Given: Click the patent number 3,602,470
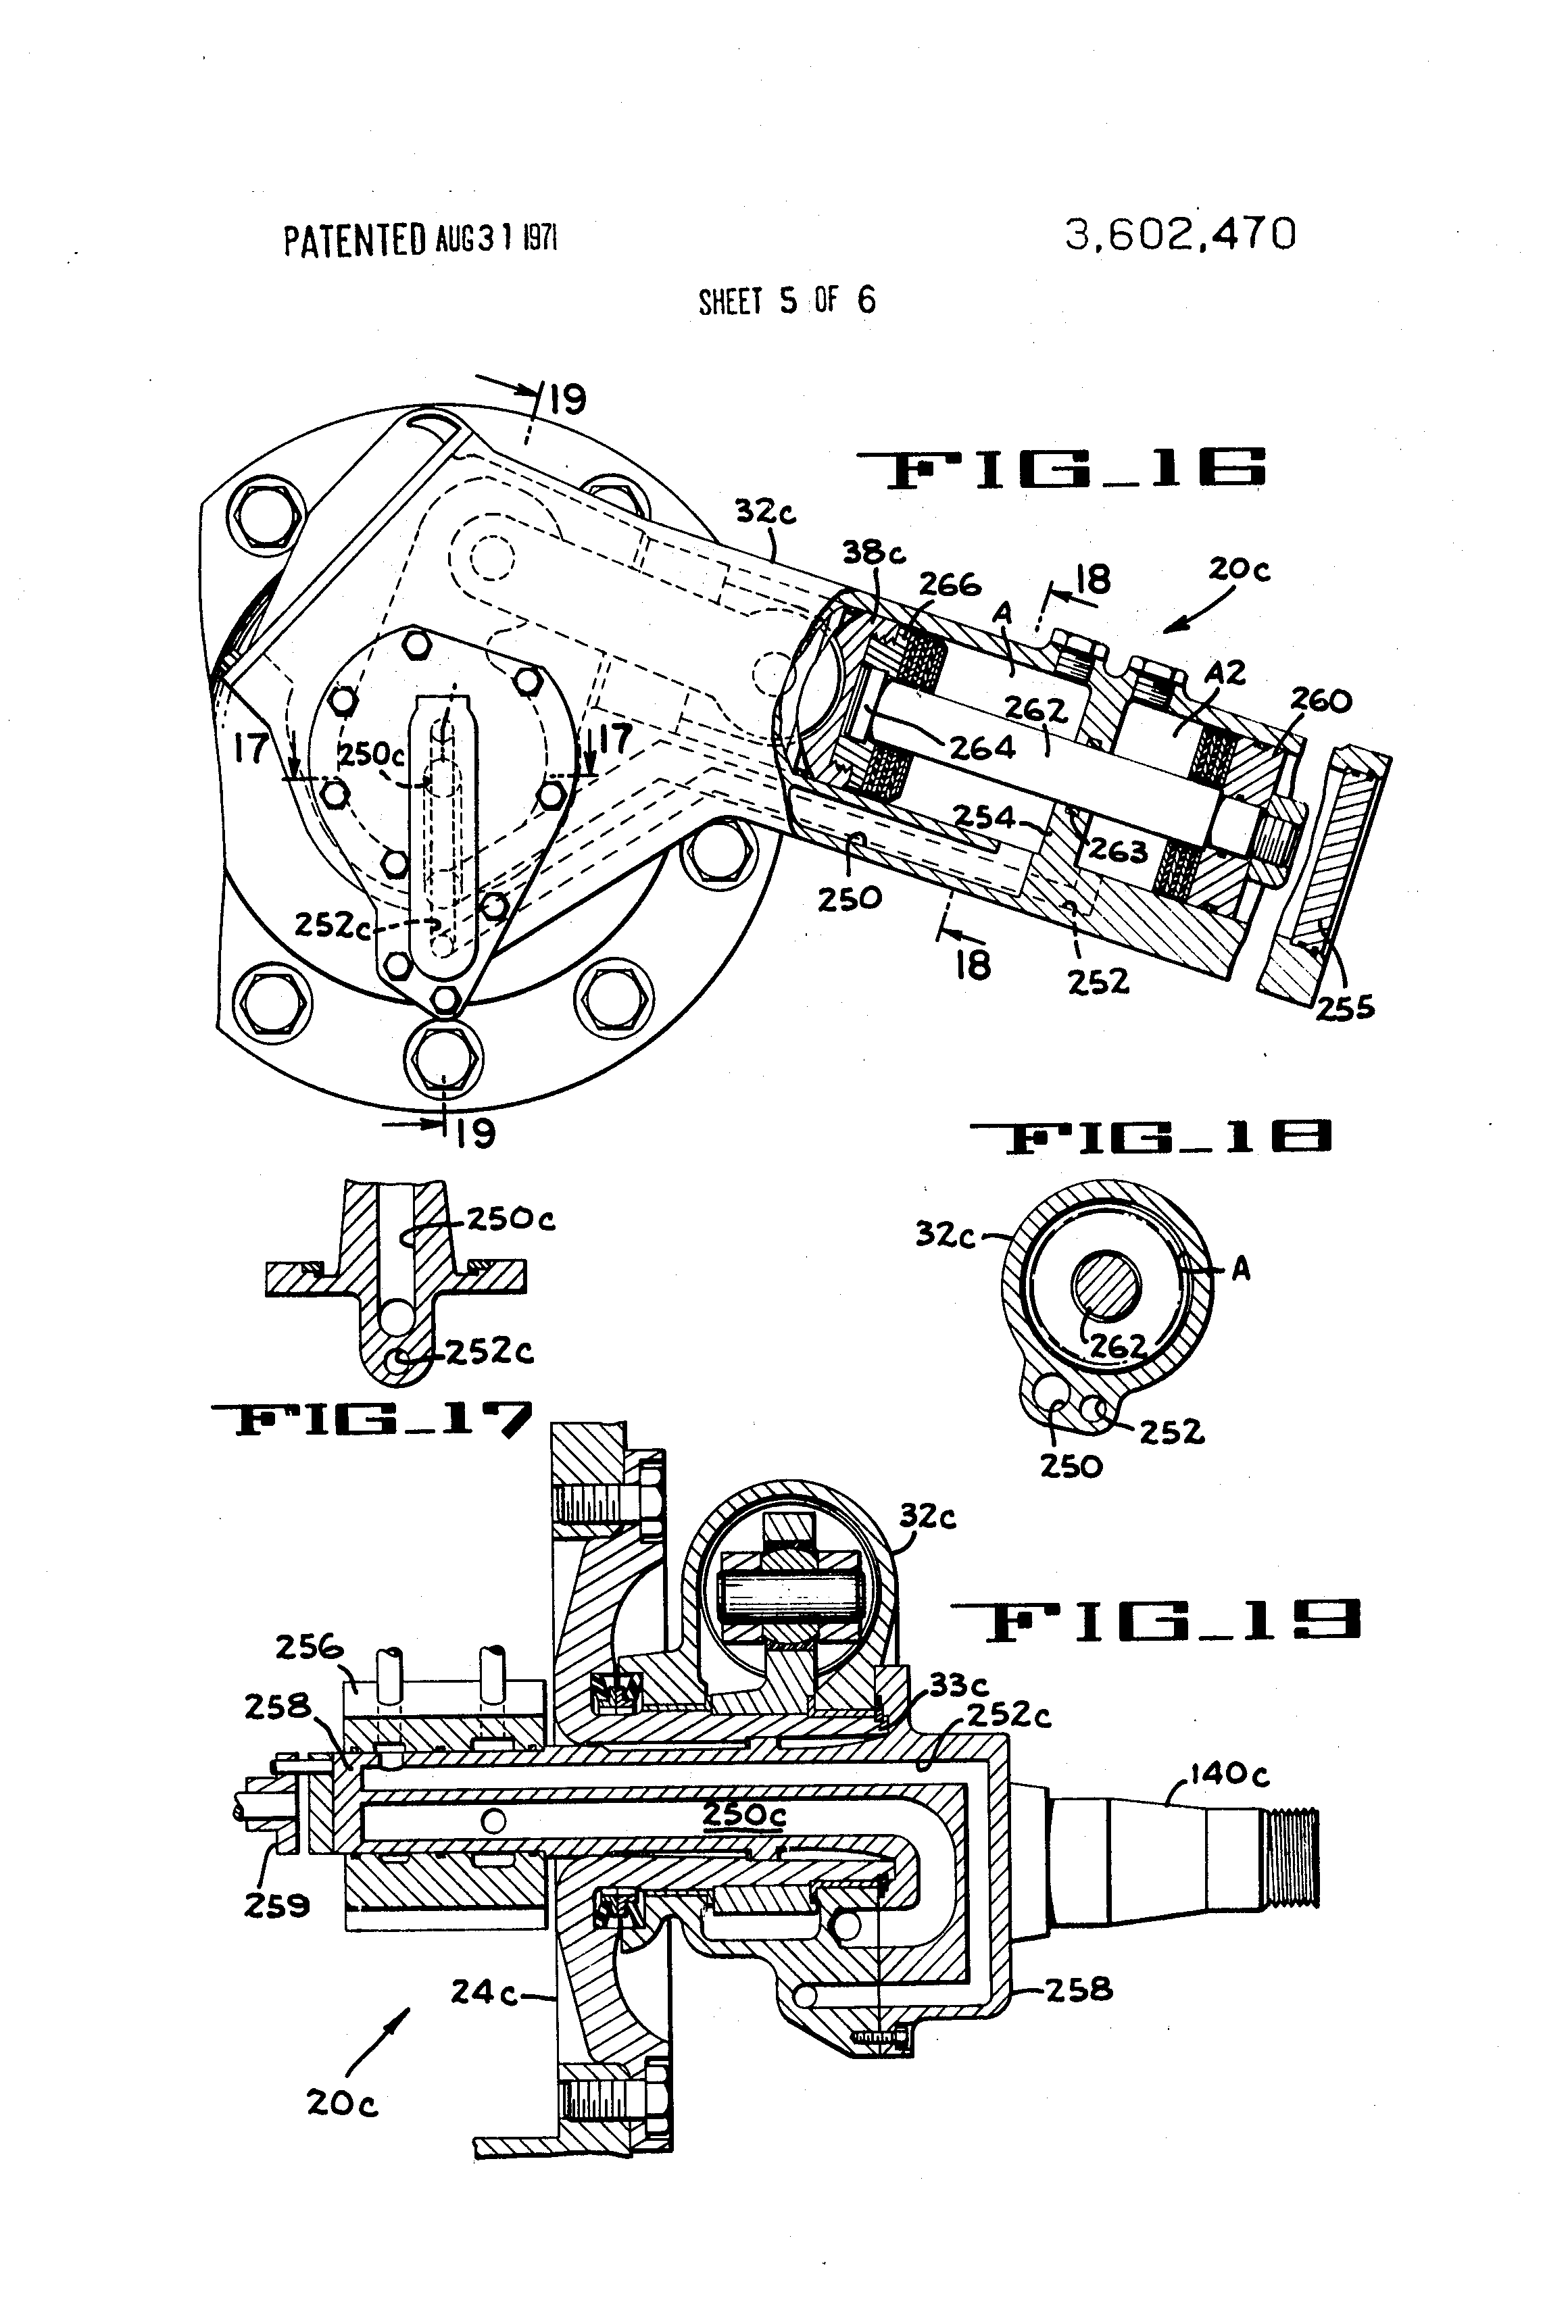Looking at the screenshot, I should pyautogui.click(x=1179, y=236).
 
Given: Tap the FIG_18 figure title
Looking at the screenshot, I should pyautogui.click(x=1150, y=1137).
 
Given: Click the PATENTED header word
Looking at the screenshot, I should pyautogui.click(x=354, y=241).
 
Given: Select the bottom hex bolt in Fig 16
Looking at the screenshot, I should pyautogui.click(x=444, y=1056).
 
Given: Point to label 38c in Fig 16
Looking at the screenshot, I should pyautogui.click(x=873, y=552).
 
